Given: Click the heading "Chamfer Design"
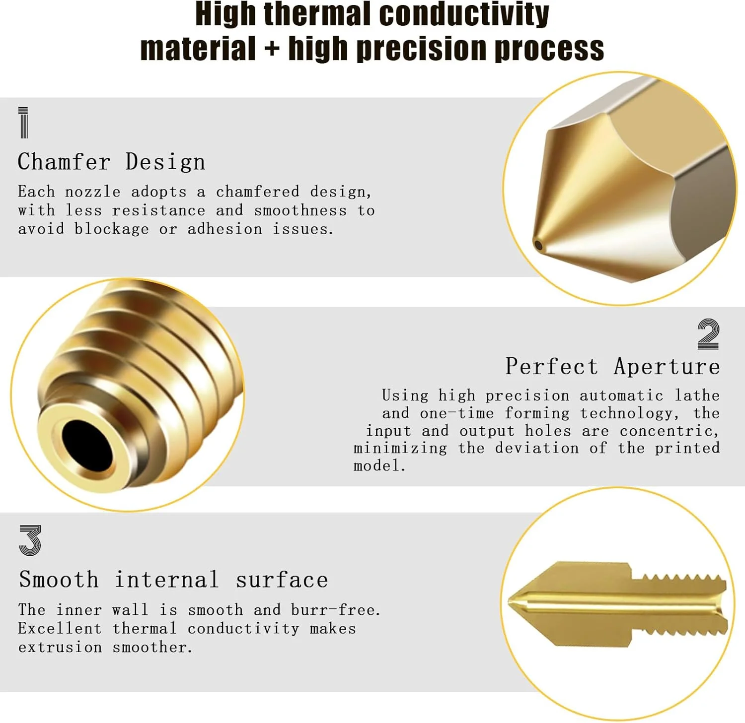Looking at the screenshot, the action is coord(111,162).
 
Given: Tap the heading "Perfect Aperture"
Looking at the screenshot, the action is coord(613,367).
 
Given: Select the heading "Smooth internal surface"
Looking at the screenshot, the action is coord(173,580).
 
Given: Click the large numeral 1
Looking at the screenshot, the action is coord(23,122).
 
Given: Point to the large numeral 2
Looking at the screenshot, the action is coord(708,334).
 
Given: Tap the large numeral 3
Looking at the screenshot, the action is coord(30,540).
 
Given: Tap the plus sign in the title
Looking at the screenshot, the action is coord(272,49).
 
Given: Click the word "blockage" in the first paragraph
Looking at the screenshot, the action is coord(111,229).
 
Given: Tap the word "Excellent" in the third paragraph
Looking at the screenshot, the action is coord(60,628).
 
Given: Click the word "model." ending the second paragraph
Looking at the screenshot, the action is coord(379,465).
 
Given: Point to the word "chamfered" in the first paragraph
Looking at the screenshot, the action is coord(257,192).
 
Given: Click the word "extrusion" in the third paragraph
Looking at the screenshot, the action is coord(60,647).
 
